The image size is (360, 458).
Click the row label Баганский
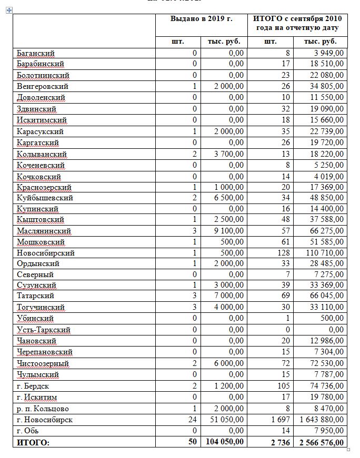pos(36,53)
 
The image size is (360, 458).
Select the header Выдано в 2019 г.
pos(201,19)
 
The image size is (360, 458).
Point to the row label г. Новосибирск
pos(45,420)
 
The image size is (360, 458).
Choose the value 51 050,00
pos(225,420)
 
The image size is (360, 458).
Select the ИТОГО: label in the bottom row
pos(33,442)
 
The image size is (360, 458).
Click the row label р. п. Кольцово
pos(43,409)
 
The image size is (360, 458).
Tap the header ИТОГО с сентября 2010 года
pos(297,23)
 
